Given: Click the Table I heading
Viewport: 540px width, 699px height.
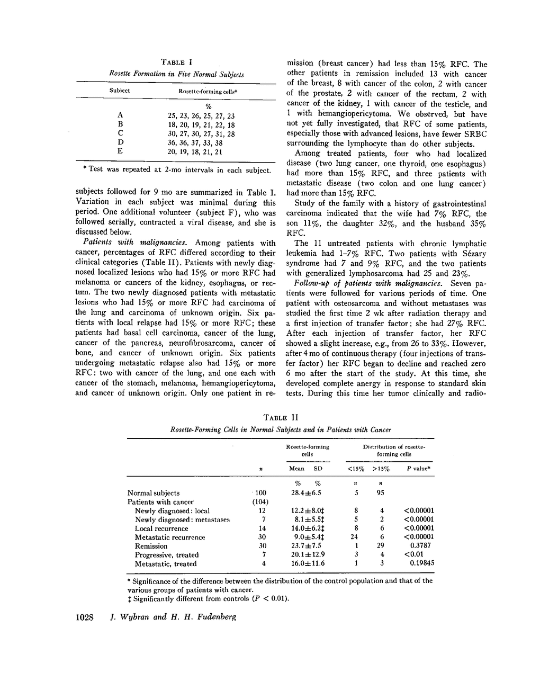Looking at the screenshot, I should [176, 62].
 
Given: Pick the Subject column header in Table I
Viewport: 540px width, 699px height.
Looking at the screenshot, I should [120, 91].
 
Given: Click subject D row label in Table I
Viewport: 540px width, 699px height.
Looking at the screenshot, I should [120, 142].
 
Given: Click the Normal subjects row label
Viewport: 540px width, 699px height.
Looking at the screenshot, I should [154, 493].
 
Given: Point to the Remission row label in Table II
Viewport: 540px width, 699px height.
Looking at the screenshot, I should [151, 546].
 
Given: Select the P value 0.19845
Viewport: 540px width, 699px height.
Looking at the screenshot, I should [422, 563].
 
